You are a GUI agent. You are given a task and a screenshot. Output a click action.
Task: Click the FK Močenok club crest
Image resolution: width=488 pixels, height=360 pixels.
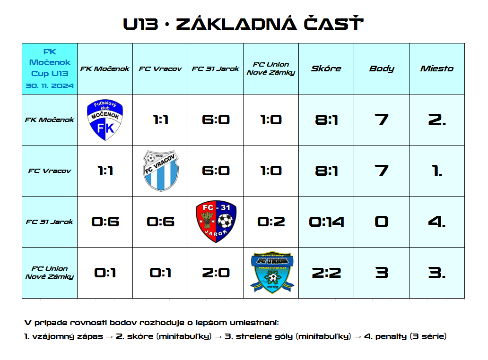tap(105, 120)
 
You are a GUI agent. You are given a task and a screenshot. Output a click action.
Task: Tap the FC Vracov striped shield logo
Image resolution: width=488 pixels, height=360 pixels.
tap(160, 171)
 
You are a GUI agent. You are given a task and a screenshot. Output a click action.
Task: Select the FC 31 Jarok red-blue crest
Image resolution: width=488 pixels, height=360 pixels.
tap(216, 222)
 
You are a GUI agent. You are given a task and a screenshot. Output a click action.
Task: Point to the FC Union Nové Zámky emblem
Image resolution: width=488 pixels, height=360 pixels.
tap(272, 272)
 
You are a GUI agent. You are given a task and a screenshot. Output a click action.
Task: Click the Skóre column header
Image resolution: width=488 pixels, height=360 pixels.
tap(326, 69)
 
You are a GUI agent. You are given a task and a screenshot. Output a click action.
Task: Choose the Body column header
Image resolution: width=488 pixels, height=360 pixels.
tap(382, 69)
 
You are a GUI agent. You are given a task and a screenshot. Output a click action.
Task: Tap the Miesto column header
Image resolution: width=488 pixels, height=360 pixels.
tap(437, 69)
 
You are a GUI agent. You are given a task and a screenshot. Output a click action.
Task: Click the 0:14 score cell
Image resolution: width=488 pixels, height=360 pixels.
tap(326, 222)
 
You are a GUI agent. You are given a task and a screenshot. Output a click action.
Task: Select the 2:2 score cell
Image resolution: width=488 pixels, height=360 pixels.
tap(326, 273)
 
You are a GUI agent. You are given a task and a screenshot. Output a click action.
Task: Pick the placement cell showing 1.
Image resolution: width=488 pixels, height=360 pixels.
tap(437, 171)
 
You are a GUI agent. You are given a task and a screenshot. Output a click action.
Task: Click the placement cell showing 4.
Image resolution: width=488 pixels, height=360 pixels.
tap(437, 222)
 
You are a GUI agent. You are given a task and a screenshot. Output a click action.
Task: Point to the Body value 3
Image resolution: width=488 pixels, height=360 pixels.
tap(382, 273)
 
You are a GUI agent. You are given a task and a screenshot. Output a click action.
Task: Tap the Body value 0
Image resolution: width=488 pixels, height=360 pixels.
tap(382, 222)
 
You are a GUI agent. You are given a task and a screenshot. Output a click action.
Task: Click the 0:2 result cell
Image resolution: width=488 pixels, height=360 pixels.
tap(271, 222)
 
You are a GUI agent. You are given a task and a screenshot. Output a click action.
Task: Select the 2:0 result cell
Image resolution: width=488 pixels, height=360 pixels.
tap(216, 273)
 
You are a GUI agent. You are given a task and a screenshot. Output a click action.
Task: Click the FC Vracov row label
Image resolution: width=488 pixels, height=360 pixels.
tap(50, 171)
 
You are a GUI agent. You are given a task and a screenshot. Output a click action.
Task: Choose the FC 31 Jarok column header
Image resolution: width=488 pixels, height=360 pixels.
tap(215, 69)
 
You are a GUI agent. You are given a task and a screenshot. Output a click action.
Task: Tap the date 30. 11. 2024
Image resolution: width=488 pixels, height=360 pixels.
tap(50, 86)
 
